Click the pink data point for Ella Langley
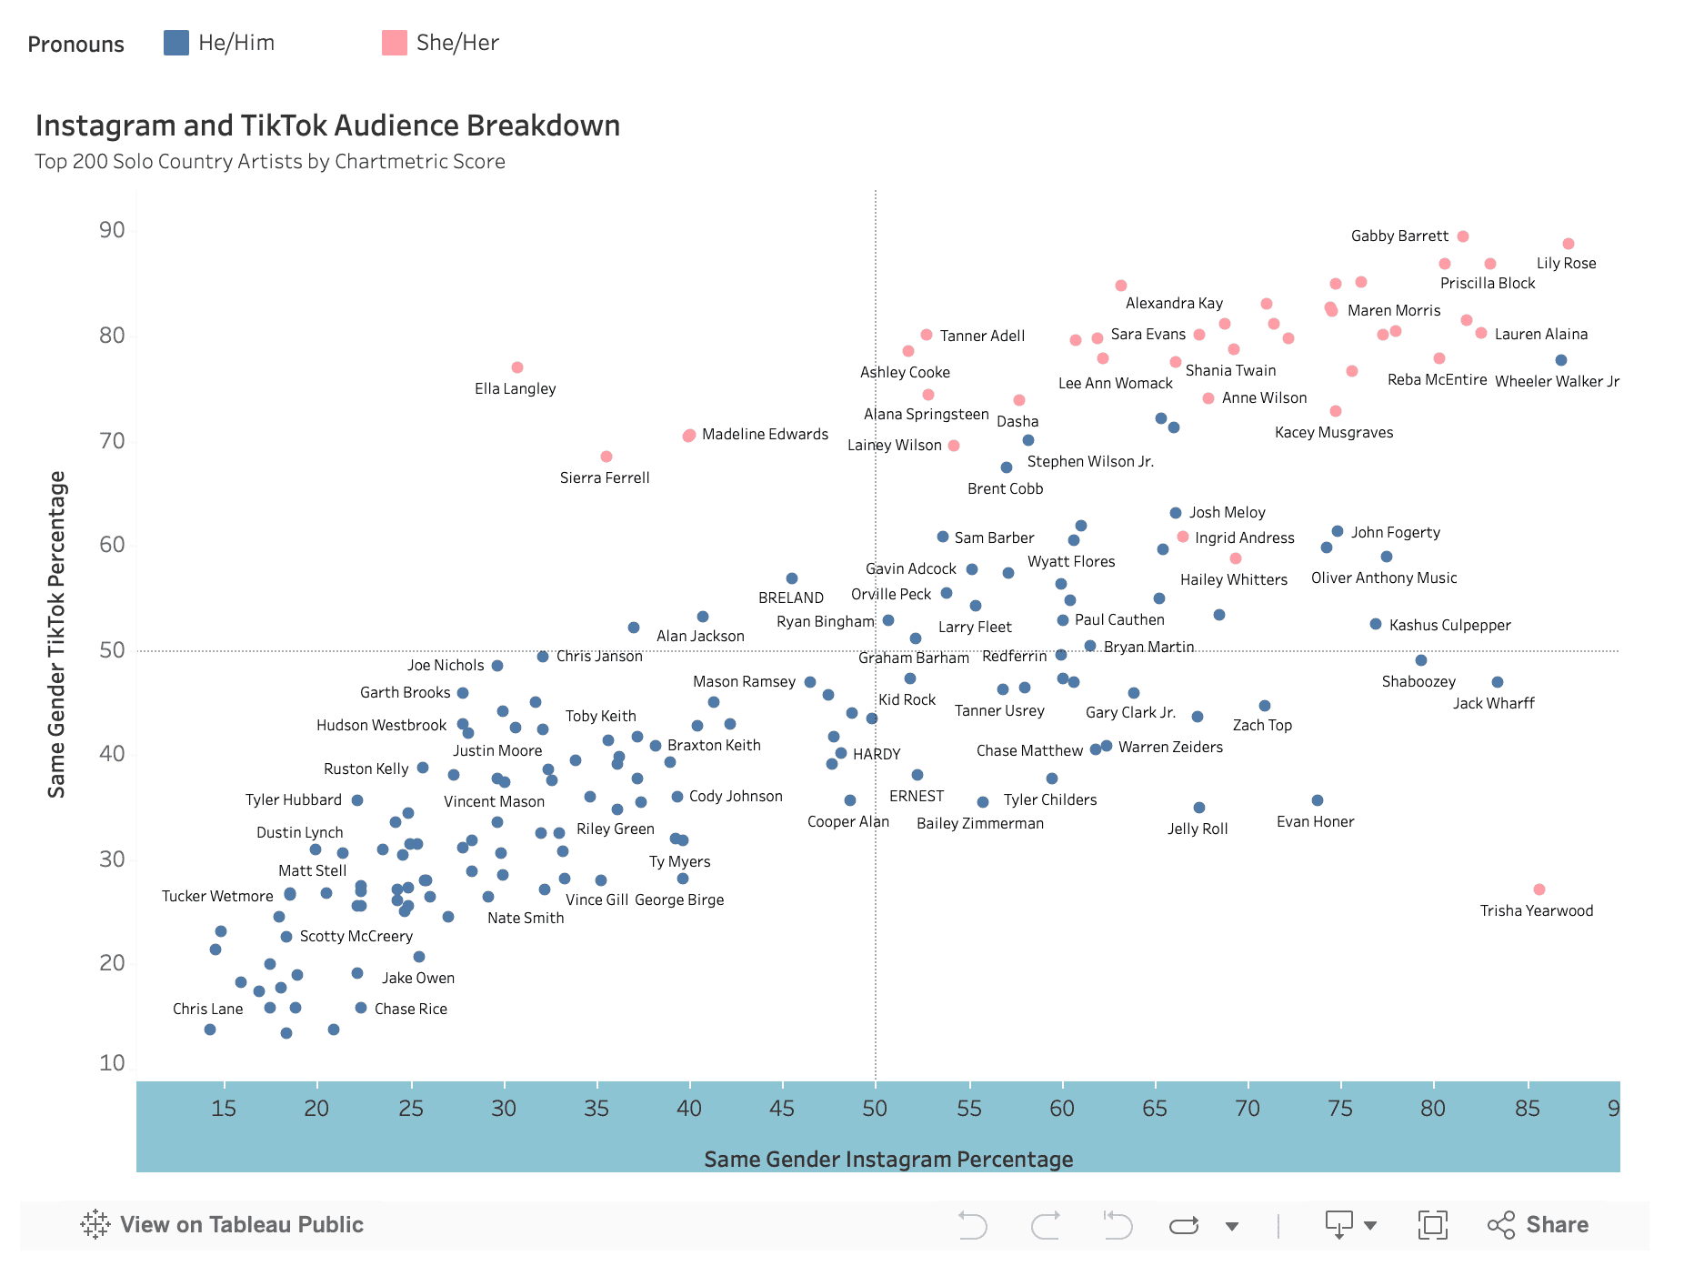tap(517, 367)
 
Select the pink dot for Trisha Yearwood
tap(1539, 889)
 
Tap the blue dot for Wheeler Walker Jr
tap(1561, 360)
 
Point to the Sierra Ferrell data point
tap(606, 457)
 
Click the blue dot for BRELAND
tap(792, 578)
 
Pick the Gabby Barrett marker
tap(1463, 236)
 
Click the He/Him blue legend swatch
tap(176, 43)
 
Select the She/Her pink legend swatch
tap(395, 43)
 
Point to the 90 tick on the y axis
tap(112, 230)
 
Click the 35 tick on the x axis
tap(596, 1108)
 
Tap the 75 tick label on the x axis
tap(1340, 1108)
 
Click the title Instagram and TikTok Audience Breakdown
tap(327, 126)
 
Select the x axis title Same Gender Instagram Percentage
tap(888, 1159)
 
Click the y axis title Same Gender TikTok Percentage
tap(57, 634)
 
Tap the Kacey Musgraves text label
tap(1333, 432)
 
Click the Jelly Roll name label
tap(1198, 829)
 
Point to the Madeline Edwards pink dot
tap(689, 436)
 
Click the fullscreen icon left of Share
tap(1432, 1224)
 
